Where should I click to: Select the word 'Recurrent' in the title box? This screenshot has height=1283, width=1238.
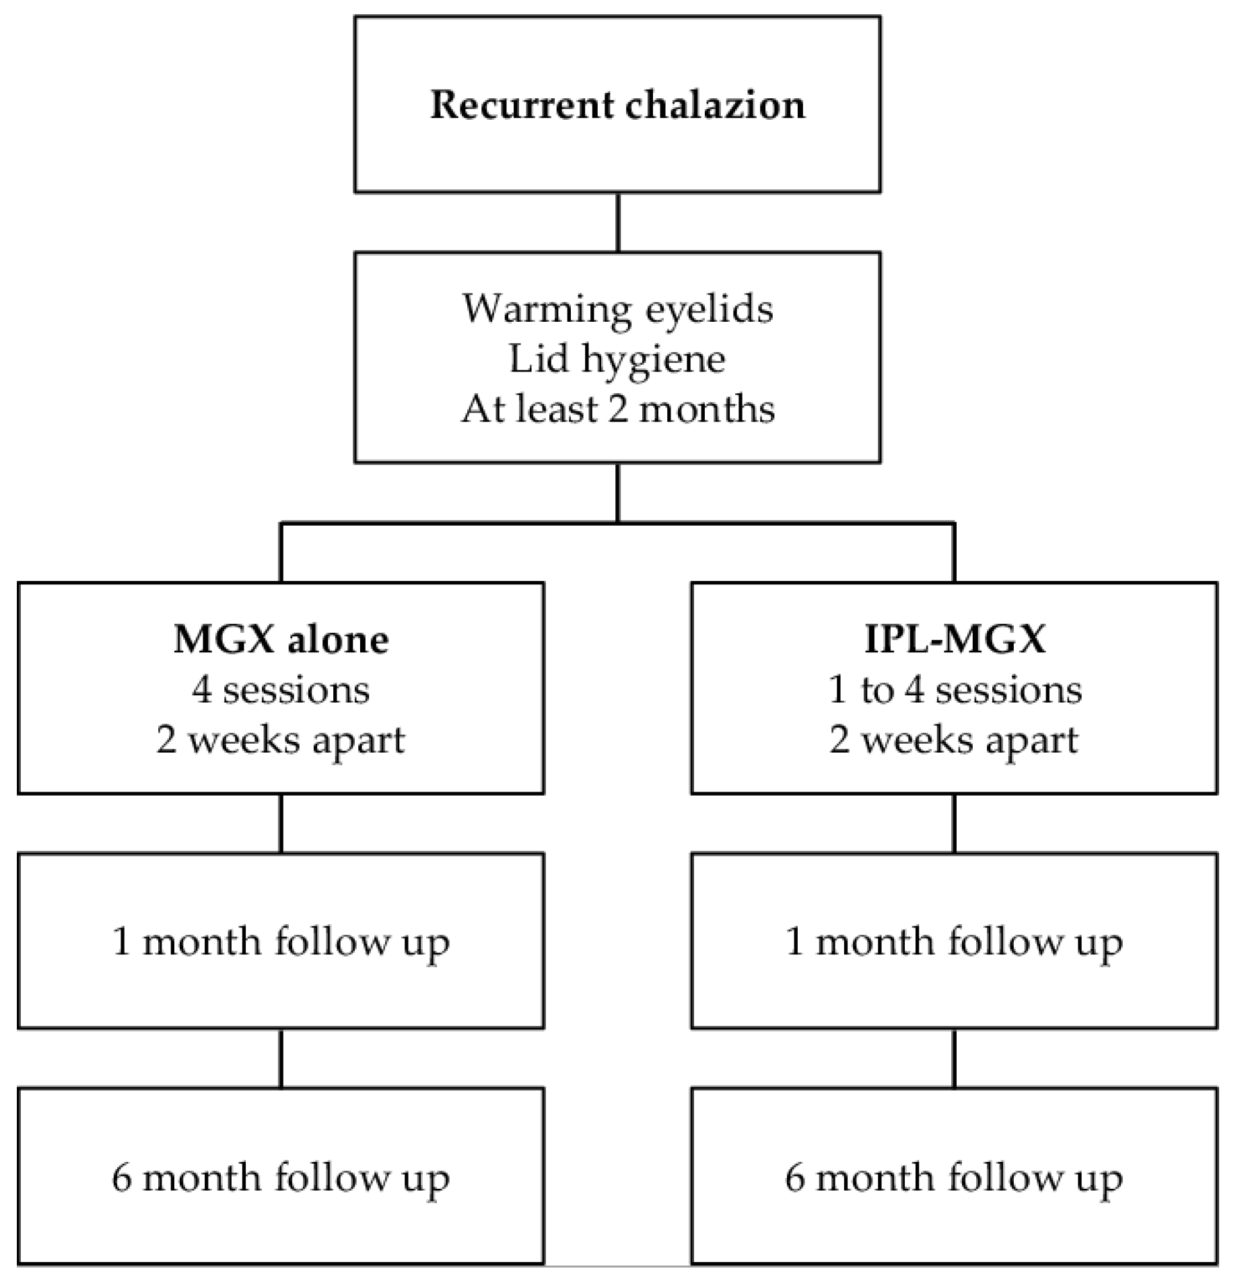point(522,105)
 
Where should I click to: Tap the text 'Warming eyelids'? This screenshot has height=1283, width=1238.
point(617,310)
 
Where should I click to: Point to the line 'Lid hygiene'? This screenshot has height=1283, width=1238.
point(617,359)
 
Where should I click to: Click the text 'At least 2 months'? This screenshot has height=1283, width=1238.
point(617,409)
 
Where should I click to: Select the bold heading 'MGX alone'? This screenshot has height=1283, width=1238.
point(281,638)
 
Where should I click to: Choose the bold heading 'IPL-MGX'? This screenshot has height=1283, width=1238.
point(954,638)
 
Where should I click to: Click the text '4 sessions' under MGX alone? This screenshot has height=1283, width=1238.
point(281,689)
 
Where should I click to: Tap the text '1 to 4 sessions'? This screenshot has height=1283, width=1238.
point(954,689)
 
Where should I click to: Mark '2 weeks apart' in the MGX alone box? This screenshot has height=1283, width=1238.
point(281,740)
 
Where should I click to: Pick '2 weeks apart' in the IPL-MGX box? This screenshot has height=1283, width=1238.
point(954,740)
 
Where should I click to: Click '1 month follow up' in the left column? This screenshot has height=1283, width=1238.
point(281,941)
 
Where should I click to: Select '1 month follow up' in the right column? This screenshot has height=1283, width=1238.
point(954,941)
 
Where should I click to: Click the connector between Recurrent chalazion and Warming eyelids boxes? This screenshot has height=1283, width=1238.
point(618,222)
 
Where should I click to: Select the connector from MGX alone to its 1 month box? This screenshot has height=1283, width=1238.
point(281,823)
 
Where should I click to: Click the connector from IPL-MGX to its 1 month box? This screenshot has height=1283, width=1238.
point(954,823)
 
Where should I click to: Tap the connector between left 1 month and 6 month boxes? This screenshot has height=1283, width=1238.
point(281,1057)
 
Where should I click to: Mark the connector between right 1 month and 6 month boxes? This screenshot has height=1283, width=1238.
point(954,1057)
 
